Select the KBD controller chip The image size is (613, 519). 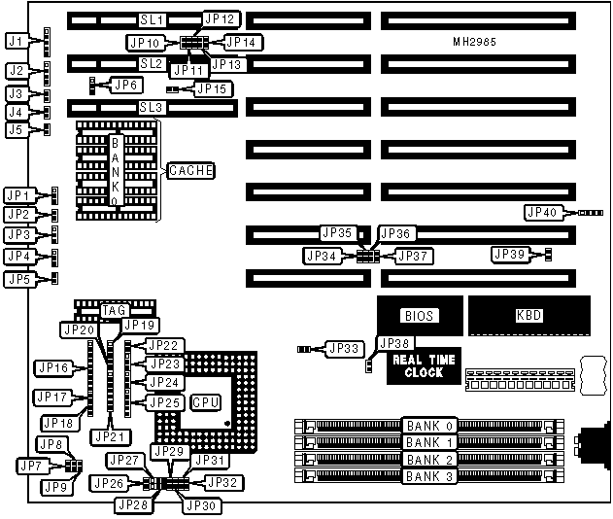point(529,315)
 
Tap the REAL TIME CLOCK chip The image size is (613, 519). point(424,365)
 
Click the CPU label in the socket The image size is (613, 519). point(205,400)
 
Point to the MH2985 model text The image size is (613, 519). point(473,43)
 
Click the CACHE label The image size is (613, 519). point(190,170)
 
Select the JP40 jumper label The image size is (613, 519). point(542,212)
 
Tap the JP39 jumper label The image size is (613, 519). point(510,254)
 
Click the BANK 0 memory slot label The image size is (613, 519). point(429,426)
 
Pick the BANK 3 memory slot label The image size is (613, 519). point(429,475)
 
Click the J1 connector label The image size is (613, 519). point(15,41)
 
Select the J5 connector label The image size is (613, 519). point(15,129)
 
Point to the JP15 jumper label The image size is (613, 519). point(213,88)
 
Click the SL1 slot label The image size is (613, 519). point(153,19)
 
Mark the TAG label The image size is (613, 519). point(115,310)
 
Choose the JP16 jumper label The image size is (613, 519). point(51,367)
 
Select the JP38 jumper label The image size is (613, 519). point(395,343)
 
